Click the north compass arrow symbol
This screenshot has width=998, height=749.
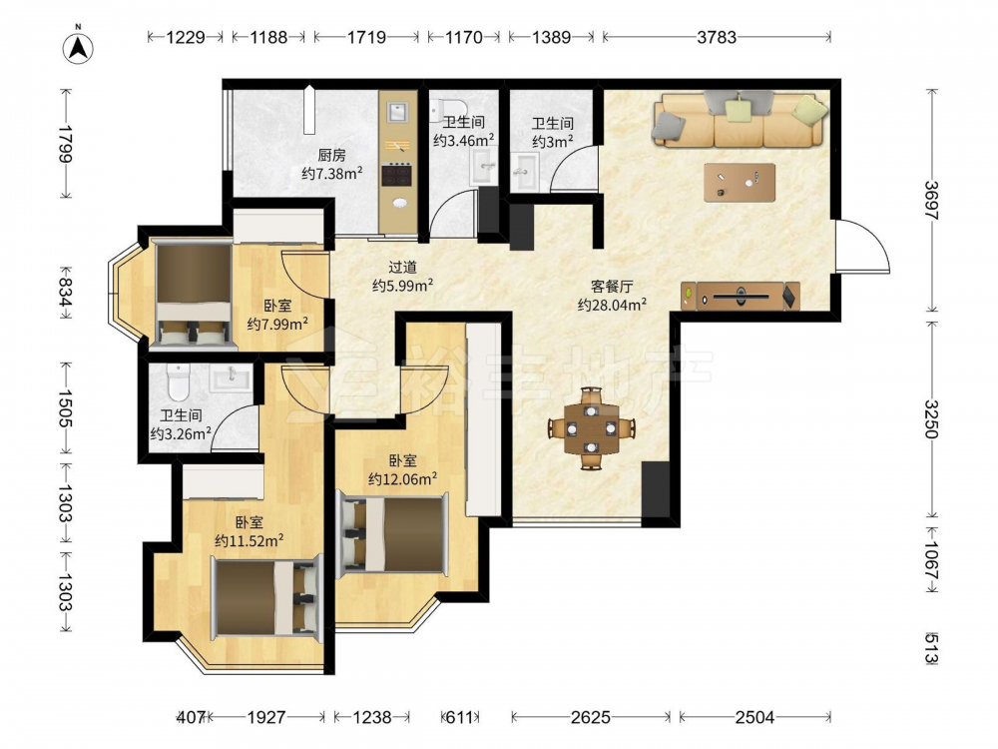[x=78, y=48]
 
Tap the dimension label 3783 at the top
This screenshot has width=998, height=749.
[x=717, y=38]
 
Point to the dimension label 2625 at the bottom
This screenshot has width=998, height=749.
[x=590, y=718]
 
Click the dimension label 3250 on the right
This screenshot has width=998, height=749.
[x=931, y=419]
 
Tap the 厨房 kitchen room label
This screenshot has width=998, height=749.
[x=331, y=155]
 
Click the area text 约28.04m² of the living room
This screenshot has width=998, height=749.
[x=613, y=305]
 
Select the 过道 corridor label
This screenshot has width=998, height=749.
[x=402, y=268]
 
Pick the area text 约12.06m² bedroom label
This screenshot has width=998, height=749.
[x=402, y=478]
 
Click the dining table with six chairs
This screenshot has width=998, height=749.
[x=592, y=428]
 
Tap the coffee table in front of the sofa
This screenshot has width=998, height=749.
[x=739, y=183]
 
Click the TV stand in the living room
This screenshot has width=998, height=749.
[x=741, y=297]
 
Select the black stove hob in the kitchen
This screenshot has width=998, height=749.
[x=398, y=175]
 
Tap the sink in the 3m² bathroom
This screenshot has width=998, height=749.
[x=525, y=171]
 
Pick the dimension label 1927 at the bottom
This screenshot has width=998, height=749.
[x=266, y=718]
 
